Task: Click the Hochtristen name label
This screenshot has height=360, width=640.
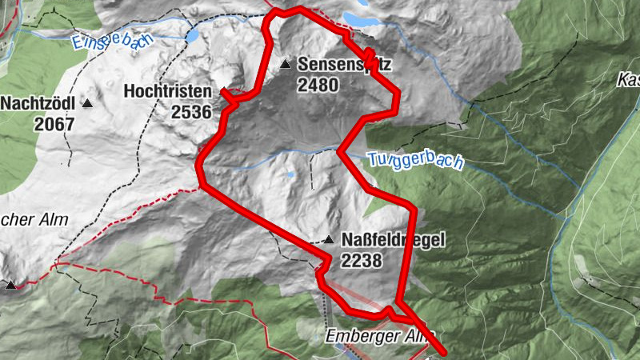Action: pyautogui.click(x=167, y=92)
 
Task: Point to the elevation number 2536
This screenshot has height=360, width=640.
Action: pyautogui.click(x=191, y=110)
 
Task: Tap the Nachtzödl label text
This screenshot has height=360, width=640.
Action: pyautogui.click(x=38, y=104)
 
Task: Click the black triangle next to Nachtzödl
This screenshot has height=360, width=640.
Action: pyautogui.click(x=87, y=104)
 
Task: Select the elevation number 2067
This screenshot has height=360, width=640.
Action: pyautogui.click(x=54, y=124)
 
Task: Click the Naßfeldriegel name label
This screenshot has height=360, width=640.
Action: pyautogui.click(x=392, y=240)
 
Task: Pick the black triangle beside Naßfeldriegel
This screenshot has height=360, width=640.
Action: pyautogui.click(x=328, y=239)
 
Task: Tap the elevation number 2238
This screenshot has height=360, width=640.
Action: pyautogui.click(x=362, y=260)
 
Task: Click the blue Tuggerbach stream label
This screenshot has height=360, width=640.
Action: pyautogui.click(x=416, y=160)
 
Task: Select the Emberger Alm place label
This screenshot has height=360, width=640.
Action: pyautogui.click(x=380, y=338)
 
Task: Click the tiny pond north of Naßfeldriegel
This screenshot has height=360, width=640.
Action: pyautogui.click(x=290, y=174)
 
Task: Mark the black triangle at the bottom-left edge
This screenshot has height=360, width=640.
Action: pyautogui.click(x=10, y=284)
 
